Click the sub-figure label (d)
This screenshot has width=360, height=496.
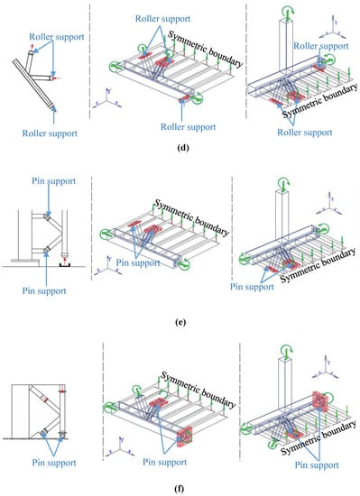click(183, 147)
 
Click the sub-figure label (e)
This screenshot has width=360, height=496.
click(180, 322)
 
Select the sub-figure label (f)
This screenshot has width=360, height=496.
click(179, 489)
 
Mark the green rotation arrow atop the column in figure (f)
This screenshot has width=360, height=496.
click(286, 351)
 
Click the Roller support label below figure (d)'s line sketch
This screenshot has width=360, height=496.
click(50, 133)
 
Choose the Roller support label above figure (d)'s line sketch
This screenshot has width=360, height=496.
click(57, 37)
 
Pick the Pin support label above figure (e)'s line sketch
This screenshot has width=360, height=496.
click(54, 181)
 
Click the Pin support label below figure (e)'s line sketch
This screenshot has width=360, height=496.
click(44, 291)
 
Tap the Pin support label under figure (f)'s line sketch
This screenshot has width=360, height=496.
click(54, 463)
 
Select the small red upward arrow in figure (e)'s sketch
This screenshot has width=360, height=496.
click(65, 261)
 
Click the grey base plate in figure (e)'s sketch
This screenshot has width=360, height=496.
click(25, 261)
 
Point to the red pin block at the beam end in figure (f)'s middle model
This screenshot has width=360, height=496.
click(184, 436)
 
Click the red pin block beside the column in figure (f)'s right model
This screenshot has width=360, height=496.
click(319, 401)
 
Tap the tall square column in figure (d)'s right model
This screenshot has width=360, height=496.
click(286, 45)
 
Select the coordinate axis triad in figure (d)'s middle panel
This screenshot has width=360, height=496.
click(108, 98)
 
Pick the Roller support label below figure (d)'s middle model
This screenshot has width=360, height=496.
click(189, 127)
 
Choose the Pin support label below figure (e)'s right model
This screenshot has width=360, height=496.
click(252, 287)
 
